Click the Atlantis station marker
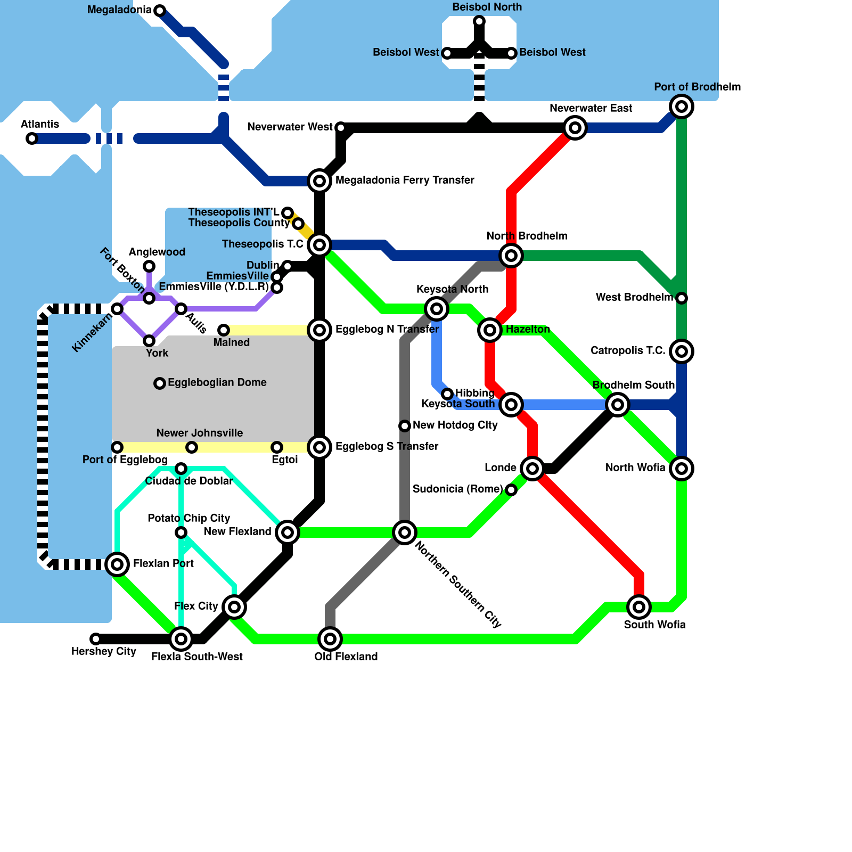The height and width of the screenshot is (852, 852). click(32, 138)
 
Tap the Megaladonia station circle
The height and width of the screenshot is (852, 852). click(160, 11)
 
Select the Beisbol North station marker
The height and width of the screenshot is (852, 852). click(479, 21)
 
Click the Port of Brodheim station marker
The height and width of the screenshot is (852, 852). click(682, 106)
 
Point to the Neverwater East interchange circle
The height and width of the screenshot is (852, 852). click(575, 128)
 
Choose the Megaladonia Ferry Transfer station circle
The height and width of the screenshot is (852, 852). click(319, 181)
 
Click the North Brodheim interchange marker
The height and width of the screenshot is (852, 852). click(511, 256)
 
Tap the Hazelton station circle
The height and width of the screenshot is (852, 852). click(490, 330)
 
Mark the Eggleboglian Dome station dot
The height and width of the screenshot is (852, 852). click(160, 383)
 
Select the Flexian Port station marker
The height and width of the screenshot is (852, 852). click(117, 564)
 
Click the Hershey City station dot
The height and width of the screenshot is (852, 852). click(96, 639)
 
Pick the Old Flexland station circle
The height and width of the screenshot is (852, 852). click(330, 639)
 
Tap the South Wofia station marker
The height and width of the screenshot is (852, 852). click(639, 607)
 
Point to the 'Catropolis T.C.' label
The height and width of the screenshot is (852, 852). click(628, 350)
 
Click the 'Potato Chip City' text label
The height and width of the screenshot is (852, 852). click(189, 518)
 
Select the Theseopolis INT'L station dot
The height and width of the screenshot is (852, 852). click(288, 213)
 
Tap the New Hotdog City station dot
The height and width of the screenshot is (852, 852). click(405, 426)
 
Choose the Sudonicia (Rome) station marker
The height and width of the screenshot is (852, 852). click(511, 490)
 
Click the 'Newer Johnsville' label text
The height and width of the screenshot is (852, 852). click(200, 433)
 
